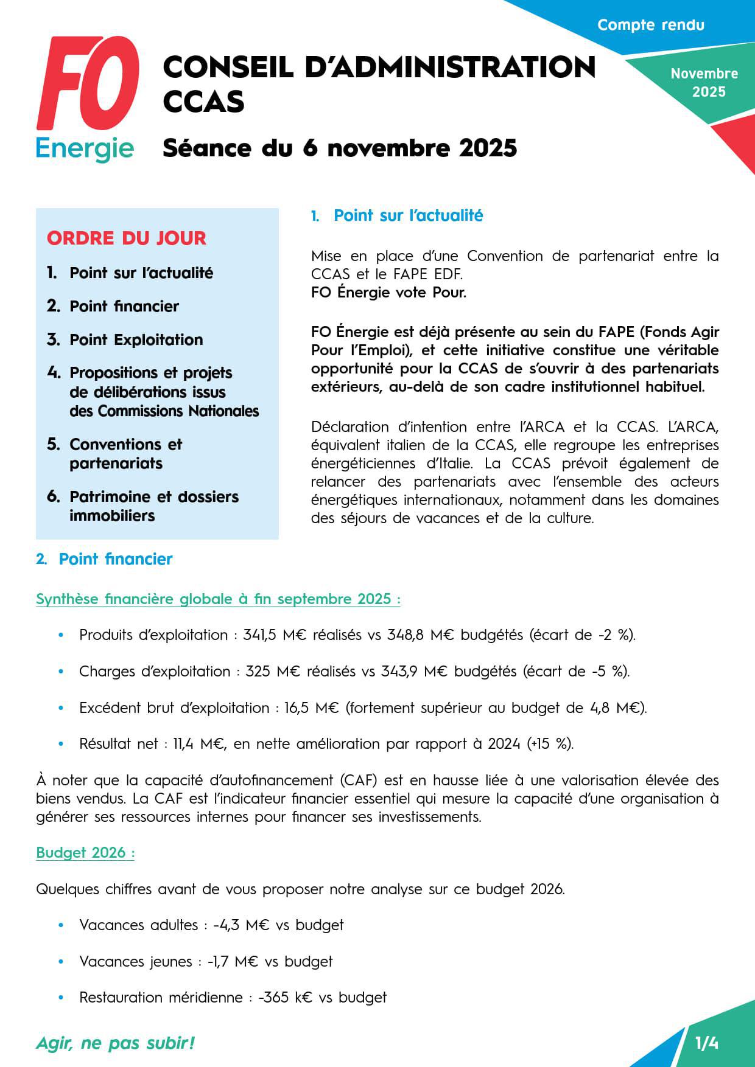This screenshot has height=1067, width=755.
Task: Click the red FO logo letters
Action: [x=88, y=84]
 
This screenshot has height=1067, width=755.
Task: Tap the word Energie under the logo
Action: [x=85, y=148]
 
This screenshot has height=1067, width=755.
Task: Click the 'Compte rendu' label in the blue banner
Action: [x=650, y=25]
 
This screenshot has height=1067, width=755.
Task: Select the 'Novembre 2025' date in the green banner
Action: [x=704, y=83]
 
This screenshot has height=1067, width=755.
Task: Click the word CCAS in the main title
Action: [x=203, y=102]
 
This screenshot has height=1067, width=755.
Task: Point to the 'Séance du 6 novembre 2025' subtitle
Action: [x=340, y=148]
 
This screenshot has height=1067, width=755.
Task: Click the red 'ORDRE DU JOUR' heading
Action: [x=127, y=238]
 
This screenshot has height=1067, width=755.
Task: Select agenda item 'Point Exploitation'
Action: [x=136, y=339]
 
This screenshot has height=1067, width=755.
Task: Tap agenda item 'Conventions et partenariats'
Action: [x=125, y=454]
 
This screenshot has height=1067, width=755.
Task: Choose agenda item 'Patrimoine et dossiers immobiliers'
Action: [x=153, y=506]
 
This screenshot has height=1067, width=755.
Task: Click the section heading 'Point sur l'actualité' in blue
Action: [x=408, y=215]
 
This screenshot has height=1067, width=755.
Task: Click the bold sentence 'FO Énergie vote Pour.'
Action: [x=388, y=293]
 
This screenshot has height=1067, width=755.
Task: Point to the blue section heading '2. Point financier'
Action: [x=115, y=559]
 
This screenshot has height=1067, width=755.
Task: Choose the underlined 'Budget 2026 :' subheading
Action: [x=85, y=853]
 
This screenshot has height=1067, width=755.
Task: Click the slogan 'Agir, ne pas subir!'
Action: [x=115, y=1043]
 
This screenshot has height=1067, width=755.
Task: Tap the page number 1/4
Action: [x=706, y=1044]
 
